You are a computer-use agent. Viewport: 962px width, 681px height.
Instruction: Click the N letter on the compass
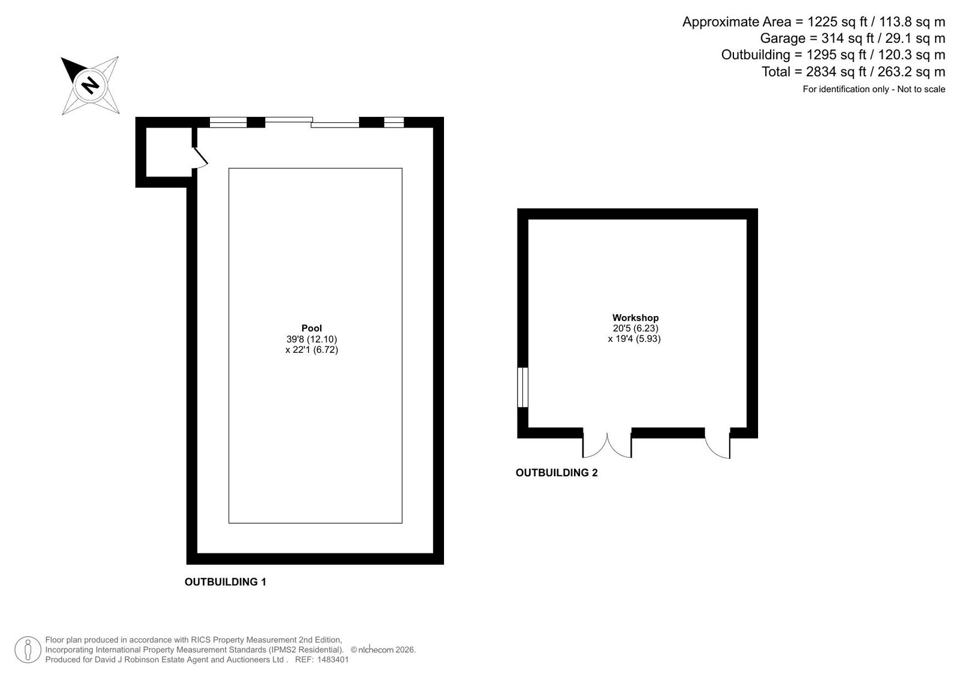(x=90, y=85)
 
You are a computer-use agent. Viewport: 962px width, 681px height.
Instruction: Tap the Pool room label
(x=312, y=329)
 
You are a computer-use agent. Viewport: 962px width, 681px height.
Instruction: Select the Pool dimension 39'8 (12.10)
(x=312, y=339)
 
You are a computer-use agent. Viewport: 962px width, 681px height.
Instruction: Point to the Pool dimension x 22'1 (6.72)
(x=312, y=350)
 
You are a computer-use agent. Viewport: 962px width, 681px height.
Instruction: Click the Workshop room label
(x=635, y=318)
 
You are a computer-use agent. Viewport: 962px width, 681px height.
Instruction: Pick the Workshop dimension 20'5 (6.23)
(x=635, y=328)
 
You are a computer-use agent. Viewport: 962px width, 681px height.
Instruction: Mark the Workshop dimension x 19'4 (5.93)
(x=634, y=339)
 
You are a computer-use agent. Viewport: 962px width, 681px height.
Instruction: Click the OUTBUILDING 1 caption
(x=225, y=582)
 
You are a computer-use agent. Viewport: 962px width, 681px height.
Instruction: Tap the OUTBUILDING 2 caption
(x=557, y=473)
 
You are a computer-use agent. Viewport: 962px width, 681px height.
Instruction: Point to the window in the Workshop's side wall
(x=522, y=387)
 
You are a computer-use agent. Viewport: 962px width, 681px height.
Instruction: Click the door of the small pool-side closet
(x=200, y=157)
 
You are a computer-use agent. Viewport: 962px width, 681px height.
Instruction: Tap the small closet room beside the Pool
(x=169, y=152)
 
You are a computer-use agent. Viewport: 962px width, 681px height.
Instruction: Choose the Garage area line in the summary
(x=853, y=39)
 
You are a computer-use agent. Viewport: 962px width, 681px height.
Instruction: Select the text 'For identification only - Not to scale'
(x=874, y=90)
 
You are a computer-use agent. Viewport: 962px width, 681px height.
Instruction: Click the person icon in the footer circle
(x=28, y=650)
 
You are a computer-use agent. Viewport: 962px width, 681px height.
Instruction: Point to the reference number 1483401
(x=333, y=660)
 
